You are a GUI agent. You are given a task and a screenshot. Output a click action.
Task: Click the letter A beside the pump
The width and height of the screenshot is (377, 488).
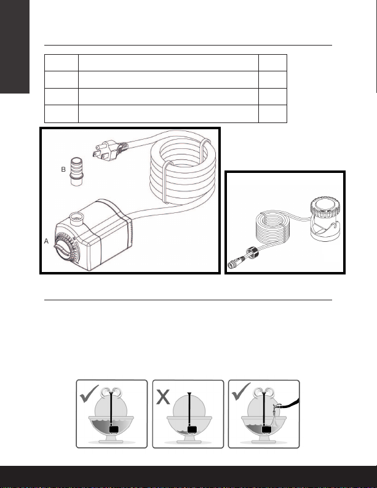click(46, 241)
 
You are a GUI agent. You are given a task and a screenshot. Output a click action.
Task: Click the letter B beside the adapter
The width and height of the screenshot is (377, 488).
click(63, 169)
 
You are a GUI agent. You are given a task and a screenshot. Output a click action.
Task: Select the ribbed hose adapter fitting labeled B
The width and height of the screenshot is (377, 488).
click(76, 172)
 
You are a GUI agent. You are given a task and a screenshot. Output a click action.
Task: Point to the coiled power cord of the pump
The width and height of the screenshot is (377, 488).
click(183, 168)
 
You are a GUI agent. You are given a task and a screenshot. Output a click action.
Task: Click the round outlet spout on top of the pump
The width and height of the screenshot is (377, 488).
click(76, 219)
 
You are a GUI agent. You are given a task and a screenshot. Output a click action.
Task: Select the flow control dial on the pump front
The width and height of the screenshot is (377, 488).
click(66, 248)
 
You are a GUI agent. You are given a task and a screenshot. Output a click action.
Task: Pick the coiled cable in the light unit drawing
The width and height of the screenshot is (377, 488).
click(273, 226)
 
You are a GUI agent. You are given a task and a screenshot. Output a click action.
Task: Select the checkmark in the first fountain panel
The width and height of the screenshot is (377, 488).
click(89, 394)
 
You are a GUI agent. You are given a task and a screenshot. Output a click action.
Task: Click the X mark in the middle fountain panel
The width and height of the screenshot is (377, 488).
click(163, 397)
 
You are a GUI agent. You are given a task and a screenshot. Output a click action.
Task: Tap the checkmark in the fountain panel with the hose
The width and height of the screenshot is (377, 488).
click(241, 391)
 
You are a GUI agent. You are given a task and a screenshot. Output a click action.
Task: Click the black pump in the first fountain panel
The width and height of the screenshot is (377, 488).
click(114, 430)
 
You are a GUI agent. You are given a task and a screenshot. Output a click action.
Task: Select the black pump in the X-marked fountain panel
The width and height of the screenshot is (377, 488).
click(192, 430)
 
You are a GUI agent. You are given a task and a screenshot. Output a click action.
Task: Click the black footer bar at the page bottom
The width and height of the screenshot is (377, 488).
click(188, 476)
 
